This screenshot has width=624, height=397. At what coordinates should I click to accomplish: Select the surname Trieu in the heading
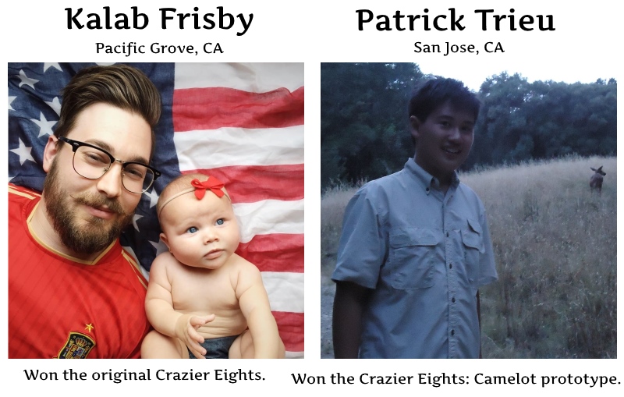pos(516,21)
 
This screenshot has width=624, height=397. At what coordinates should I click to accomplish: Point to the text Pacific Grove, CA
pos(159,48)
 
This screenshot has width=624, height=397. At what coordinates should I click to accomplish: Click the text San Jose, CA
pos(459,48)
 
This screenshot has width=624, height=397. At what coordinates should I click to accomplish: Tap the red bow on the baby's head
pos(208,188)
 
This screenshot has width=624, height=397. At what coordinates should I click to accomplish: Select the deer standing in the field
pos(597,179)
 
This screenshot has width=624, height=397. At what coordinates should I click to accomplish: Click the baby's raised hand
pos(187,328)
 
